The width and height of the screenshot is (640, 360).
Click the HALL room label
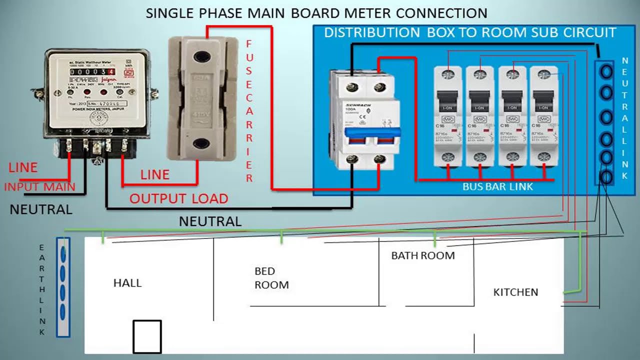tap(127, 283)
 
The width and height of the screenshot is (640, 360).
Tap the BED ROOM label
tap(271, 278)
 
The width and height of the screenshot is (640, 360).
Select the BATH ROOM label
tap(423, 255)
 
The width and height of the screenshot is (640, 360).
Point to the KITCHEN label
tap(515, 292)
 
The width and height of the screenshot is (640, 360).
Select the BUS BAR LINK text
tap(497, 186)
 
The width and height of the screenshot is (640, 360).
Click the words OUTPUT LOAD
tap(178, 198)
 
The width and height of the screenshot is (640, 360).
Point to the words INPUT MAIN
tap(39, 187)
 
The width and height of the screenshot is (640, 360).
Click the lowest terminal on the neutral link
tap(606, 177)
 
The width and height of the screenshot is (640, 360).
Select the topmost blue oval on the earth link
tap(63, 254)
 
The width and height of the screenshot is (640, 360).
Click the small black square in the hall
tap(147, 336)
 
